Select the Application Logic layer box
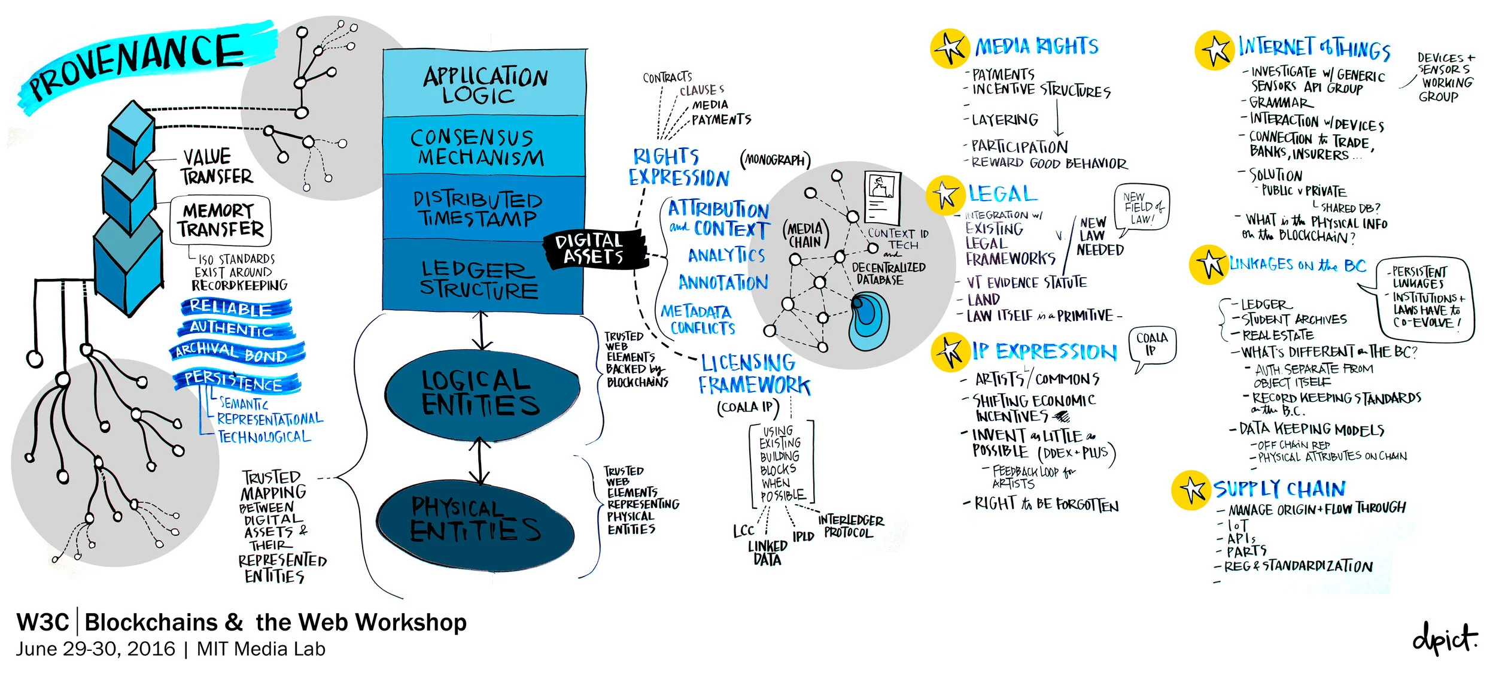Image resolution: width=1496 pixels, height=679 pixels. [484, 84]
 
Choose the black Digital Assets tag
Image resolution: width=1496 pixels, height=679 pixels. [592, 248]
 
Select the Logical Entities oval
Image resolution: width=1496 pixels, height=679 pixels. [482, 393]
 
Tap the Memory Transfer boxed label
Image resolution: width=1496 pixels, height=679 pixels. [220, 220]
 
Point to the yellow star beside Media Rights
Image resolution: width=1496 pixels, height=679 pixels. [949, 48]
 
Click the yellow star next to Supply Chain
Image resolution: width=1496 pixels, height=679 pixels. [1191, 490]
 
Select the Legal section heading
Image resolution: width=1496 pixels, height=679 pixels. [1003, 193]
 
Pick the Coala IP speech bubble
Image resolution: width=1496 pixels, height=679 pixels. [1151, 346]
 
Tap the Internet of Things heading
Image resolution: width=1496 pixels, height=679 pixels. [1314, 48]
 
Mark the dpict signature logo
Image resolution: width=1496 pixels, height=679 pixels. [1445, 639]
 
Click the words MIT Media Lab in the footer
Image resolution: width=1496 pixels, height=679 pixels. [261, 649]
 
